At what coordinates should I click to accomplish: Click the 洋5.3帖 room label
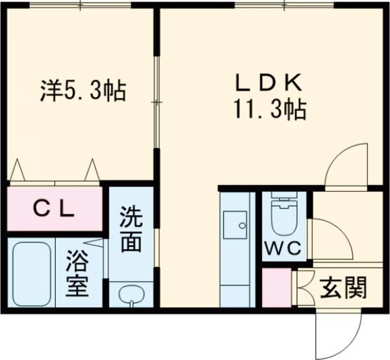83,90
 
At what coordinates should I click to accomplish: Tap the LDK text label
269,83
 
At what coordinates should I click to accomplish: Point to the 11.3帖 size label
269,110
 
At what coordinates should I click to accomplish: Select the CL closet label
54,209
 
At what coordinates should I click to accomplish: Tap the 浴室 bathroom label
77,273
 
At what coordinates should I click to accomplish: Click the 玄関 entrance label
343,288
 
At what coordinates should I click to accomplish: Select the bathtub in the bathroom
32,274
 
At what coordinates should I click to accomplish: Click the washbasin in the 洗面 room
131,295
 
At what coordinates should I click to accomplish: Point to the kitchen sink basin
235,225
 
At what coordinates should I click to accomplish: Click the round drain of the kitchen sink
242,225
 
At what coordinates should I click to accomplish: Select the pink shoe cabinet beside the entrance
277,287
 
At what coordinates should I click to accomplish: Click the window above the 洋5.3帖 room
81,5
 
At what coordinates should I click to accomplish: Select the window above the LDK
284,5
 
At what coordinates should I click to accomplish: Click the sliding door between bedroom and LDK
157,102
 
